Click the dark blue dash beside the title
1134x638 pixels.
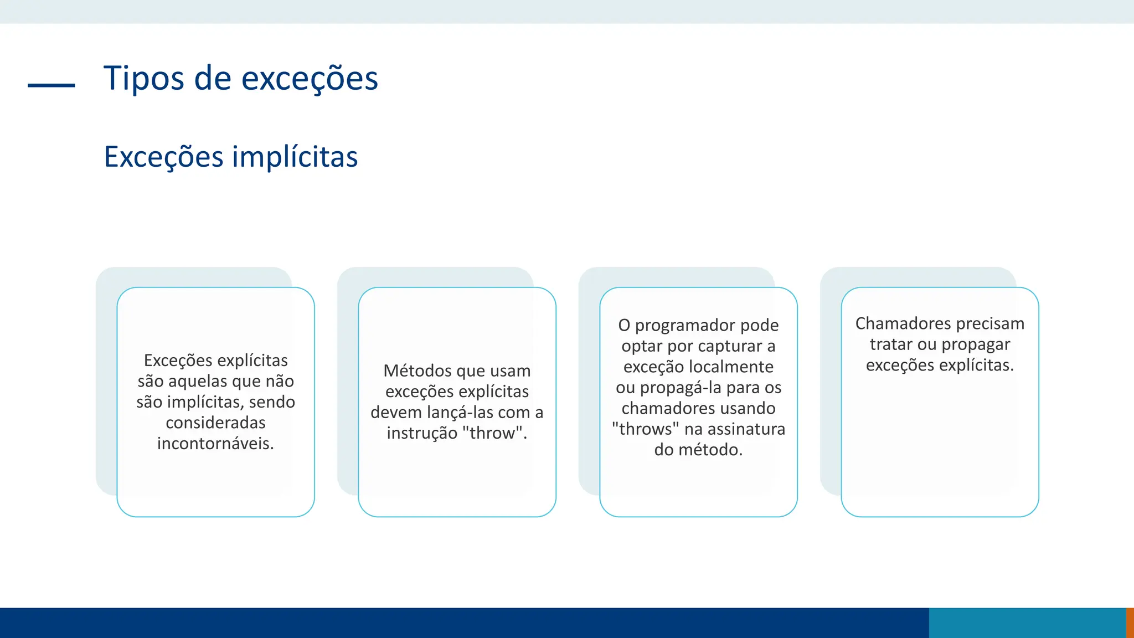(x=51, y=85)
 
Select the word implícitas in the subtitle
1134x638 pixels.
(x=295, y=157)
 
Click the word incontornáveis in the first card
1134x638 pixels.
(x=215, y=444)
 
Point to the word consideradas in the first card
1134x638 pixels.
(x=215, y=423)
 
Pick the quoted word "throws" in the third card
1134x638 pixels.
(x=646, y=429)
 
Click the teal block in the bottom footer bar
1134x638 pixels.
(x=1027, y=622)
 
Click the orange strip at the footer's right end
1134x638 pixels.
(x=1130, y=622)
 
